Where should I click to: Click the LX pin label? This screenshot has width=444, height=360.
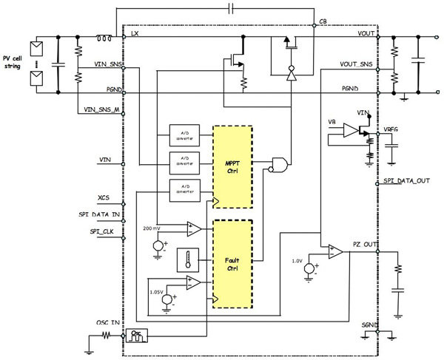[x=135, y=34]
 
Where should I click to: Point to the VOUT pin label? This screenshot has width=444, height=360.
[x=365, y=34]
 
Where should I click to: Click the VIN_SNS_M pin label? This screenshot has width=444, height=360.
[x=98, y=110]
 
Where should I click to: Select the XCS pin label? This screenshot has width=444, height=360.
[x=104, y=199]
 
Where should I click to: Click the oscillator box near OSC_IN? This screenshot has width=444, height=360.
[x=137, y=335]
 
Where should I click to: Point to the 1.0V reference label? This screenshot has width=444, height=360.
[x=296, y=260]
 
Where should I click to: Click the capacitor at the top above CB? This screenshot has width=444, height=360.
[x=232, y=8]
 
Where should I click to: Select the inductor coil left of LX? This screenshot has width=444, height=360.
[x=107, y=33]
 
